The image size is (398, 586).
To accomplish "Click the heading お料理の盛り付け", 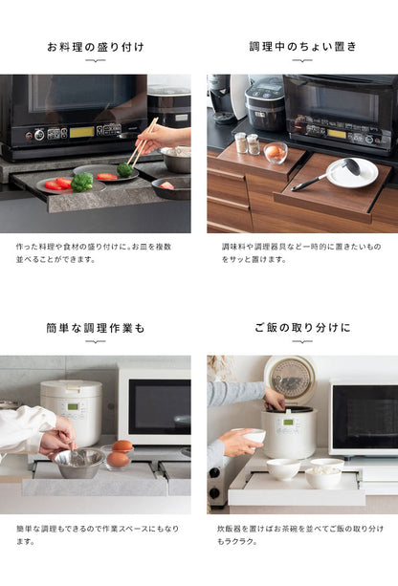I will pyautogui.click(x=95, y=47).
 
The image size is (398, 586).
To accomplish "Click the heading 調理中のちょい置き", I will pyautogui.click(x=301, y=47).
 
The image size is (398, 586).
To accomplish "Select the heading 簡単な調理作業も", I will pyautogui.click(x=95, y=328).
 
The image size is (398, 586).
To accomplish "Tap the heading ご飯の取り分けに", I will pyautogui.click(x=301, y=328).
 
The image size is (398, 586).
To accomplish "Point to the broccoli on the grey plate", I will pyautogui.click(x=82, y=182).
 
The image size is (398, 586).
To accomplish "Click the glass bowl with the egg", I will pyautogui.click(x=276, y=152).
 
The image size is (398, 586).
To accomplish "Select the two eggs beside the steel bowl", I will pyautogui.click(x=120, y=452).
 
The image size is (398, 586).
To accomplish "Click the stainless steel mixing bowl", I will pyautogui.click(x=79, y=462).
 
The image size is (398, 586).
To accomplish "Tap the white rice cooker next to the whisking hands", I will pyautogui.click(x=71, y=412).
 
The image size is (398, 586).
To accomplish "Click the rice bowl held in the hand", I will pyautogui.click(x=254, y=436).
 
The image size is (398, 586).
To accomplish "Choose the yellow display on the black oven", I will pyautogui.click(x=81, y=132).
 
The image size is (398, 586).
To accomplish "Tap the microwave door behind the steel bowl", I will pyautogui.click(x=154, y=405).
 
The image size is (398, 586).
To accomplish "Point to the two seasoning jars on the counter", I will pyautogui.click(x=247, y=143).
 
